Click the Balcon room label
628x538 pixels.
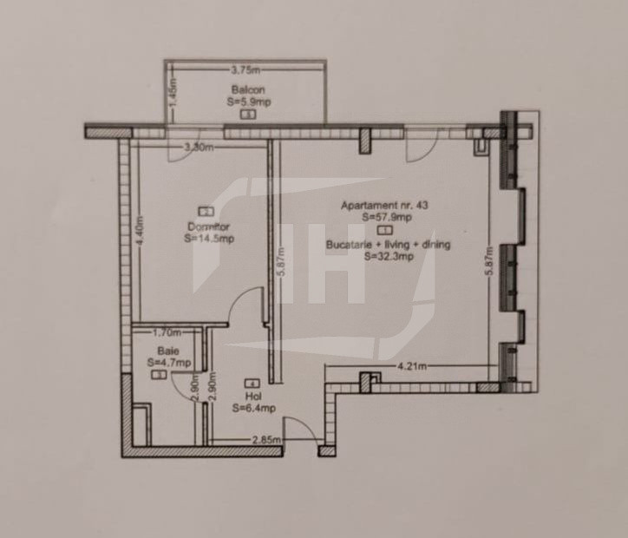point(247,89)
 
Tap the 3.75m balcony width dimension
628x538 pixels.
point(247,69)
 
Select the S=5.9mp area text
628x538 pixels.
point(247,101)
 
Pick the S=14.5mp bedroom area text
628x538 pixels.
point(208,239)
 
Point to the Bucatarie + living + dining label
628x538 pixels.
point(389,246)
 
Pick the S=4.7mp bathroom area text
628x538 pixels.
point(168,362)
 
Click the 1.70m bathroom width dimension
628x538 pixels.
point(166,331)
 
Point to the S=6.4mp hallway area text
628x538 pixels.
point(253,408)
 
